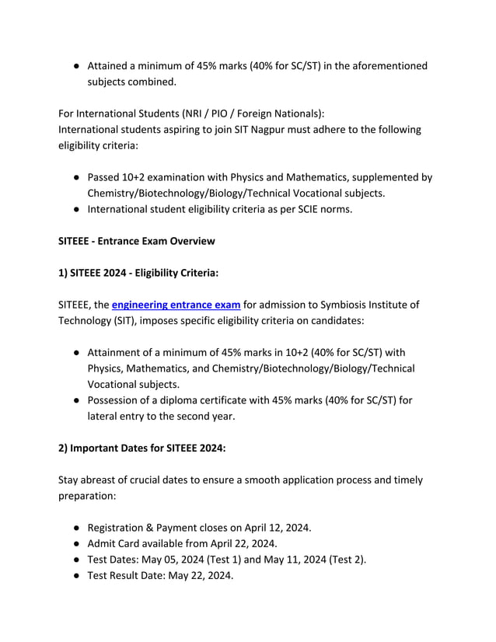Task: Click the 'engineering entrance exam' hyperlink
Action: (x=176, y=304)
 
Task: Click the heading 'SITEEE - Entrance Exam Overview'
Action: (x=136, y=241)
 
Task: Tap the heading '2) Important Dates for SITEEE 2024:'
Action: (x=141, y=448)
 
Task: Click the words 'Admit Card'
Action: (x=115, y=543)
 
